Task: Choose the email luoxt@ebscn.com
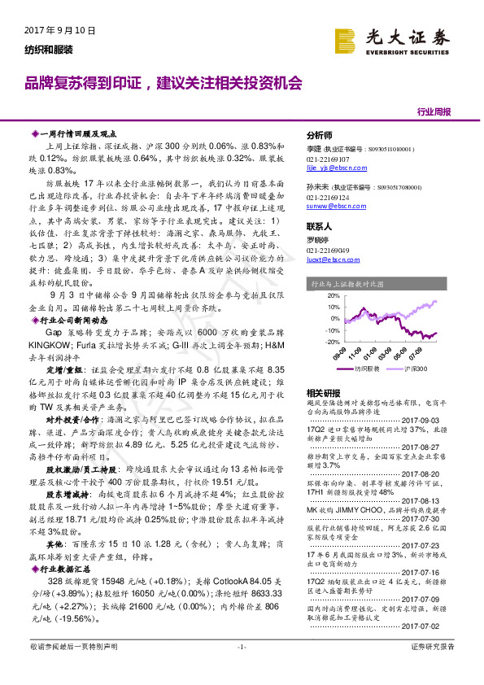tap(332, 260)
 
